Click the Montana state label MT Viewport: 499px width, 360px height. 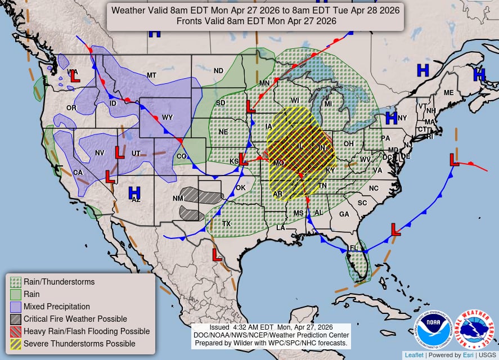point(151,75)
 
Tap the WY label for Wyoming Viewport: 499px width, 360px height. point(167,118)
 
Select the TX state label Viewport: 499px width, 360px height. point(226,223)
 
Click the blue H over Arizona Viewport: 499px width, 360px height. point(134,192)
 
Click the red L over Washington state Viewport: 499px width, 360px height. point(74,76)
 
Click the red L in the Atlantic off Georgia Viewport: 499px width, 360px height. point(395,229)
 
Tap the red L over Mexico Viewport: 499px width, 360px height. point(217,255)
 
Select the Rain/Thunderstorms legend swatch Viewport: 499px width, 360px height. point(16,282)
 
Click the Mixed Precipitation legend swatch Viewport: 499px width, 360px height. point(16,307)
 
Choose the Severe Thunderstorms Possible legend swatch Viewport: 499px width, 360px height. point(16,343)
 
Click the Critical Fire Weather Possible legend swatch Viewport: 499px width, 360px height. point(16,319)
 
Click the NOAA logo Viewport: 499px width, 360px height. point(434,329)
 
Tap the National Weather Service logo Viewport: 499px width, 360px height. point(473,329)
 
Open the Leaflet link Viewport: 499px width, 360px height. point(414,355)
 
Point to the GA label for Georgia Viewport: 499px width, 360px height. point(344,214)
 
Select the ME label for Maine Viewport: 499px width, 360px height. point(448,93)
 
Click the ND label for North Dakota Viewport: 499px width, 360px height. point(218,71)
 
